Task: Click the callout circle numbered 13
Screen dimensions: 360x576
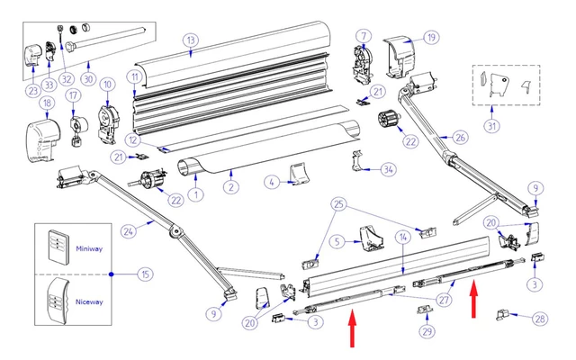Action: pos(190,40)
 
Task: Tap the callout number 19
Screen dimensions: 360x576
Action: pos(431,38)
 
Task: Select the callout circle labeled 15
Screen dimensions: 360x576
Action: pos(144,274)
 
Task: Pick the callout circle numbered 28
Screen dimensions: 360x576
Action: pos(539,318)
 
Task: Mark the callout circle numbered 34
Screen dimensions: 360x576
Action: pos(388,168)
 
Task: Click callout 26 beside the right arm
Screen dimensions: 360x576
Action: pos(460,138)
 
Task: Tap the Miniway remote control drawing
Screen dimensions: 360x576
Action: pos(56,244)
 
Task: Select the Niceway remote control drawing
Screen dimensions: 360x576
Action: pos(58,300)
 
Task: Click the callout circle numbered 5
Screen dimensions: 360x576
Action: pos(335,242)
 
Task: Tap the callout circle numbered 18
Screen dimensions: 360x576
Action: pos(46,104)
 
